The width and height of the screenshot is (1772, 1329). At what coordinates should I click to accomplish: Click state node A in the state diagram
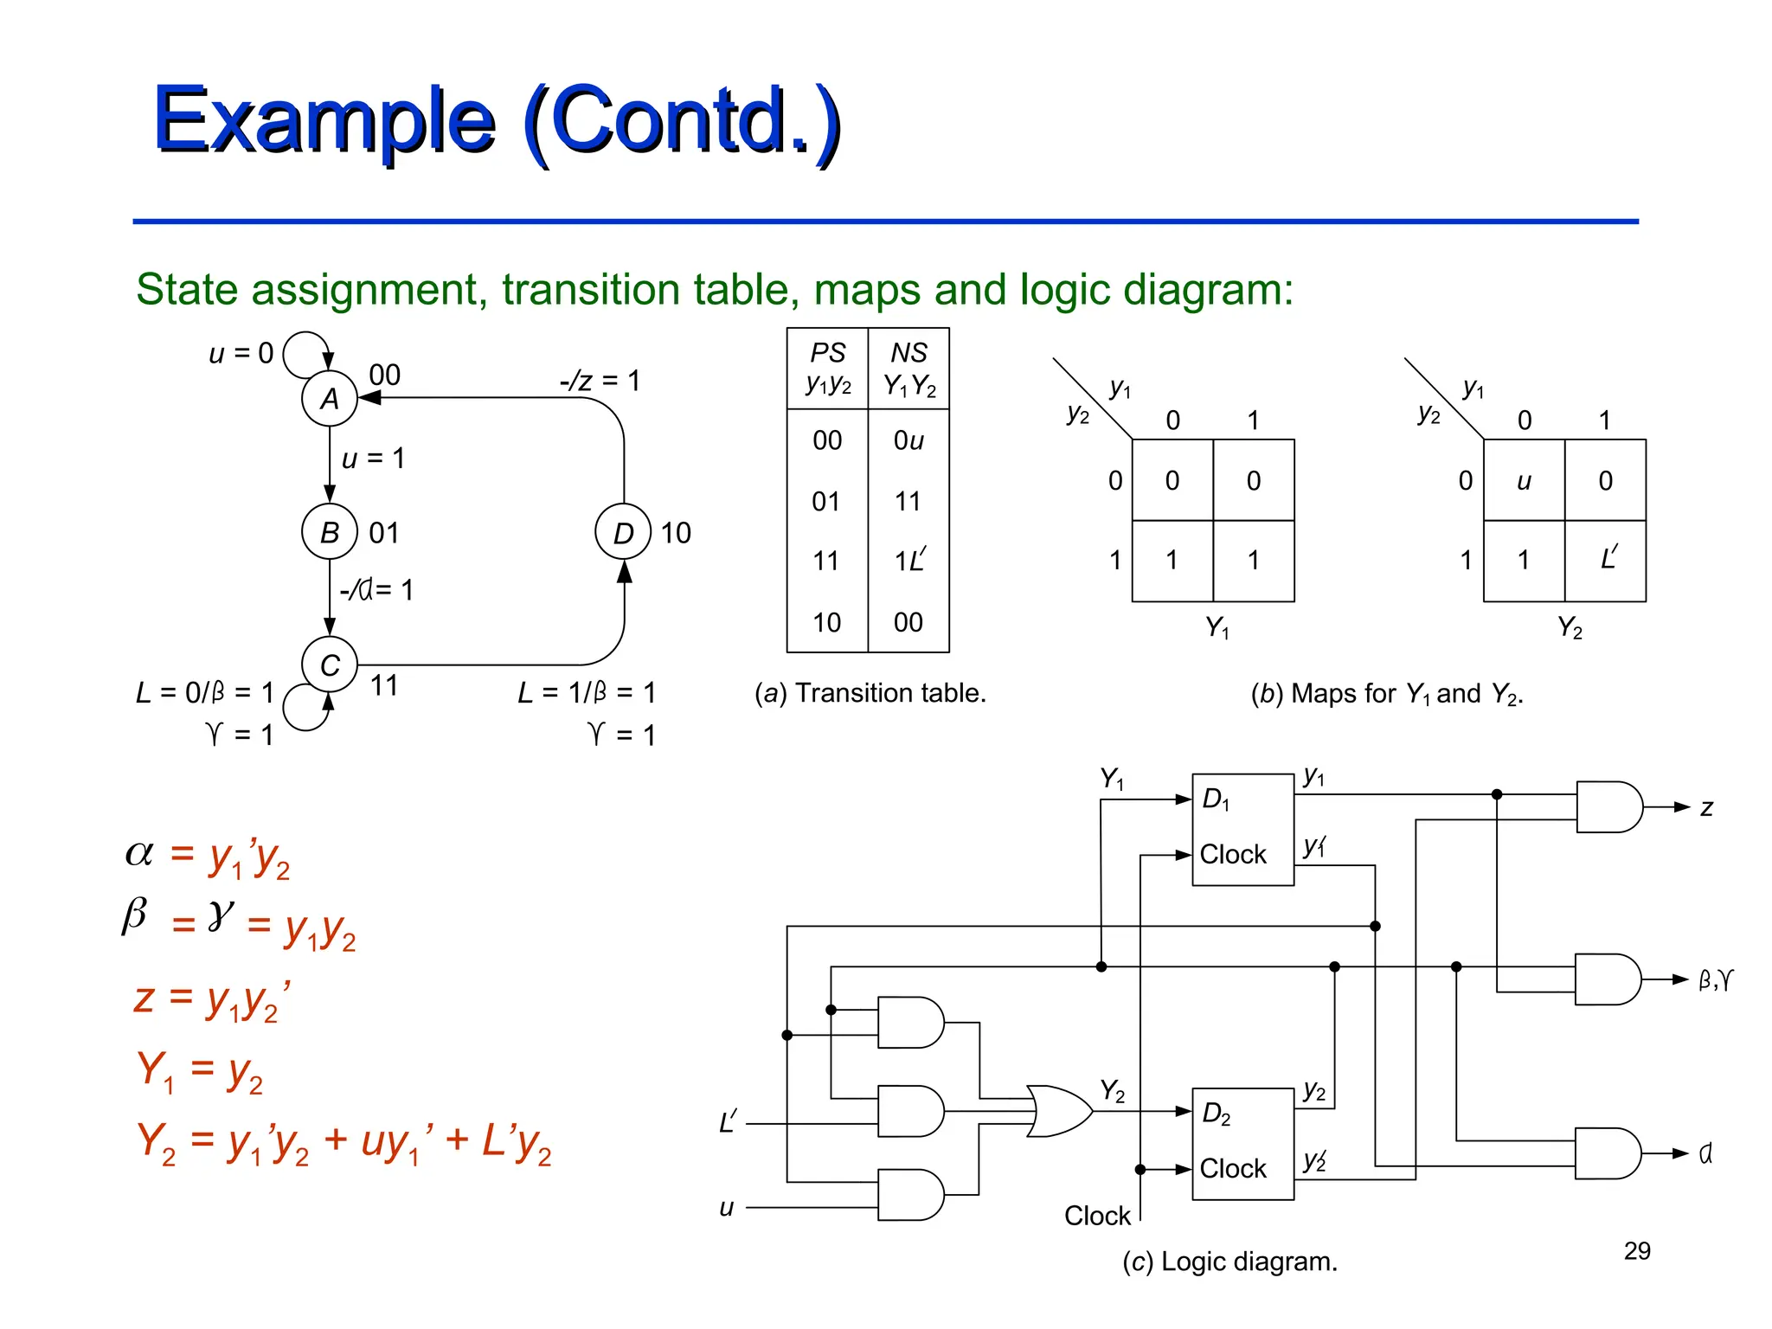329,398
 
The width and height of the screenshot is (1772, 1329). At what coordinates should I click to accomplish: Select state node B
329,532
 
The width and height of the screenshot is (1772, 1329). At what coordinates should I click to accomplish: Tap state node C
329,664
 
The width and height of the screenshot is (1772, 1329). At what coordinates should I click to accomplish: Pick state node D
623,532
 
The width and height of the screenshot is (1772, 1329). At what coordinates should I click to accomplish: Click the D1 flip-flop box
1242,829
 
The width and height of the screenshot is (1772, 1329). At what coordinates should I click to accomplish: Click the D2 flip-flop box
1242,1143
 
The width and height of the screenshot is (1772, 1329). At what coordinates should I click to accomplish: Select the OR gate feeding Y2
1059,1111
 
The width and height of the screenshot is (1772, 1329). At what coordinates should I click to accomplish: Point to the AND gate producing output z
1608,806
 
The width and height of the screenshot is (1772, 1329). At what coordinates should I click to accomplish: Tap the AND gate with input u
908,1195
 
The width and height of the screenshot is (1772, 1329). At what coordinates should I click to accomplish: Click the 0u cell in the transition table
908,440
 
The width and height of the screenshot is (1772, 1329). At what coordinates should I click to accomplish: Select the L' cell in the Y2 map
1606,560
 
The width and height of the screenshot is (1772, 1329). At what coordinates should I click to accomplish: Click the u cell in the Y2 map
1524,480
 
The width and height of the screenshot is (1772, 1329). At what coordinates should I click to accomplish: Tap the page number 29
1637,1250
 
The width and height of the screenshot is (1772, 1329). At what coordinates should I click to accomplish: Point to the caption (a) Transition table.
870,693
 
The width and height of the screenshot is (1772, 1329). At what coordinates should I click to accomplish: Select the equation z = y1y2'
212,999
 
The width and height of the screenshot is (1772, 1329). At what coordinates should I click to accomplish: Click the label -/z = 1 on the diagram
600,381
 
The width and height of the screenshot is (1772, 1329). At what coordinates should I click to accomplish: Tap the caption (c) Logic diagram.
1229,1262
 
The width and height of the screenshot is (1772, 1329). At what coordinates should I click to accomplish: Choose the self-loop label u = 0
241,353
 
